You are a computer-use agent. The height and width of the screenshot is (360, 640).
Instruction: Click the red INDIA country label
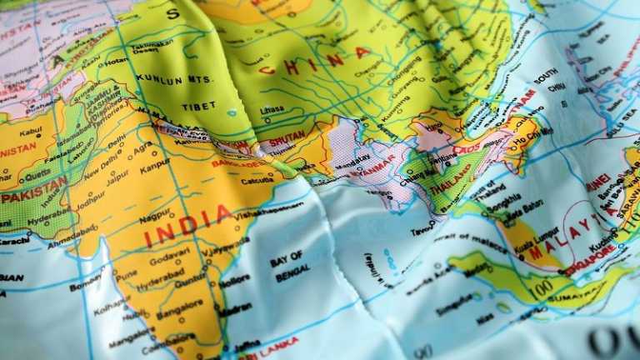[188, 226]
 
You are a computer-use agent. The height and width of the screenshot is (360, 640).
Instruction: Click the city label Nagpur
[155, 215]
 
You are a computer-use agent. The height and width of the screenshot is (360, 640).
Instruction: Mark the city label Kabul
[30, 131]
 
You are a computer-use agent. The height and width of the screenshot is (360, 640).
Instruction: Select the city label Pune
[126, 273]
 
